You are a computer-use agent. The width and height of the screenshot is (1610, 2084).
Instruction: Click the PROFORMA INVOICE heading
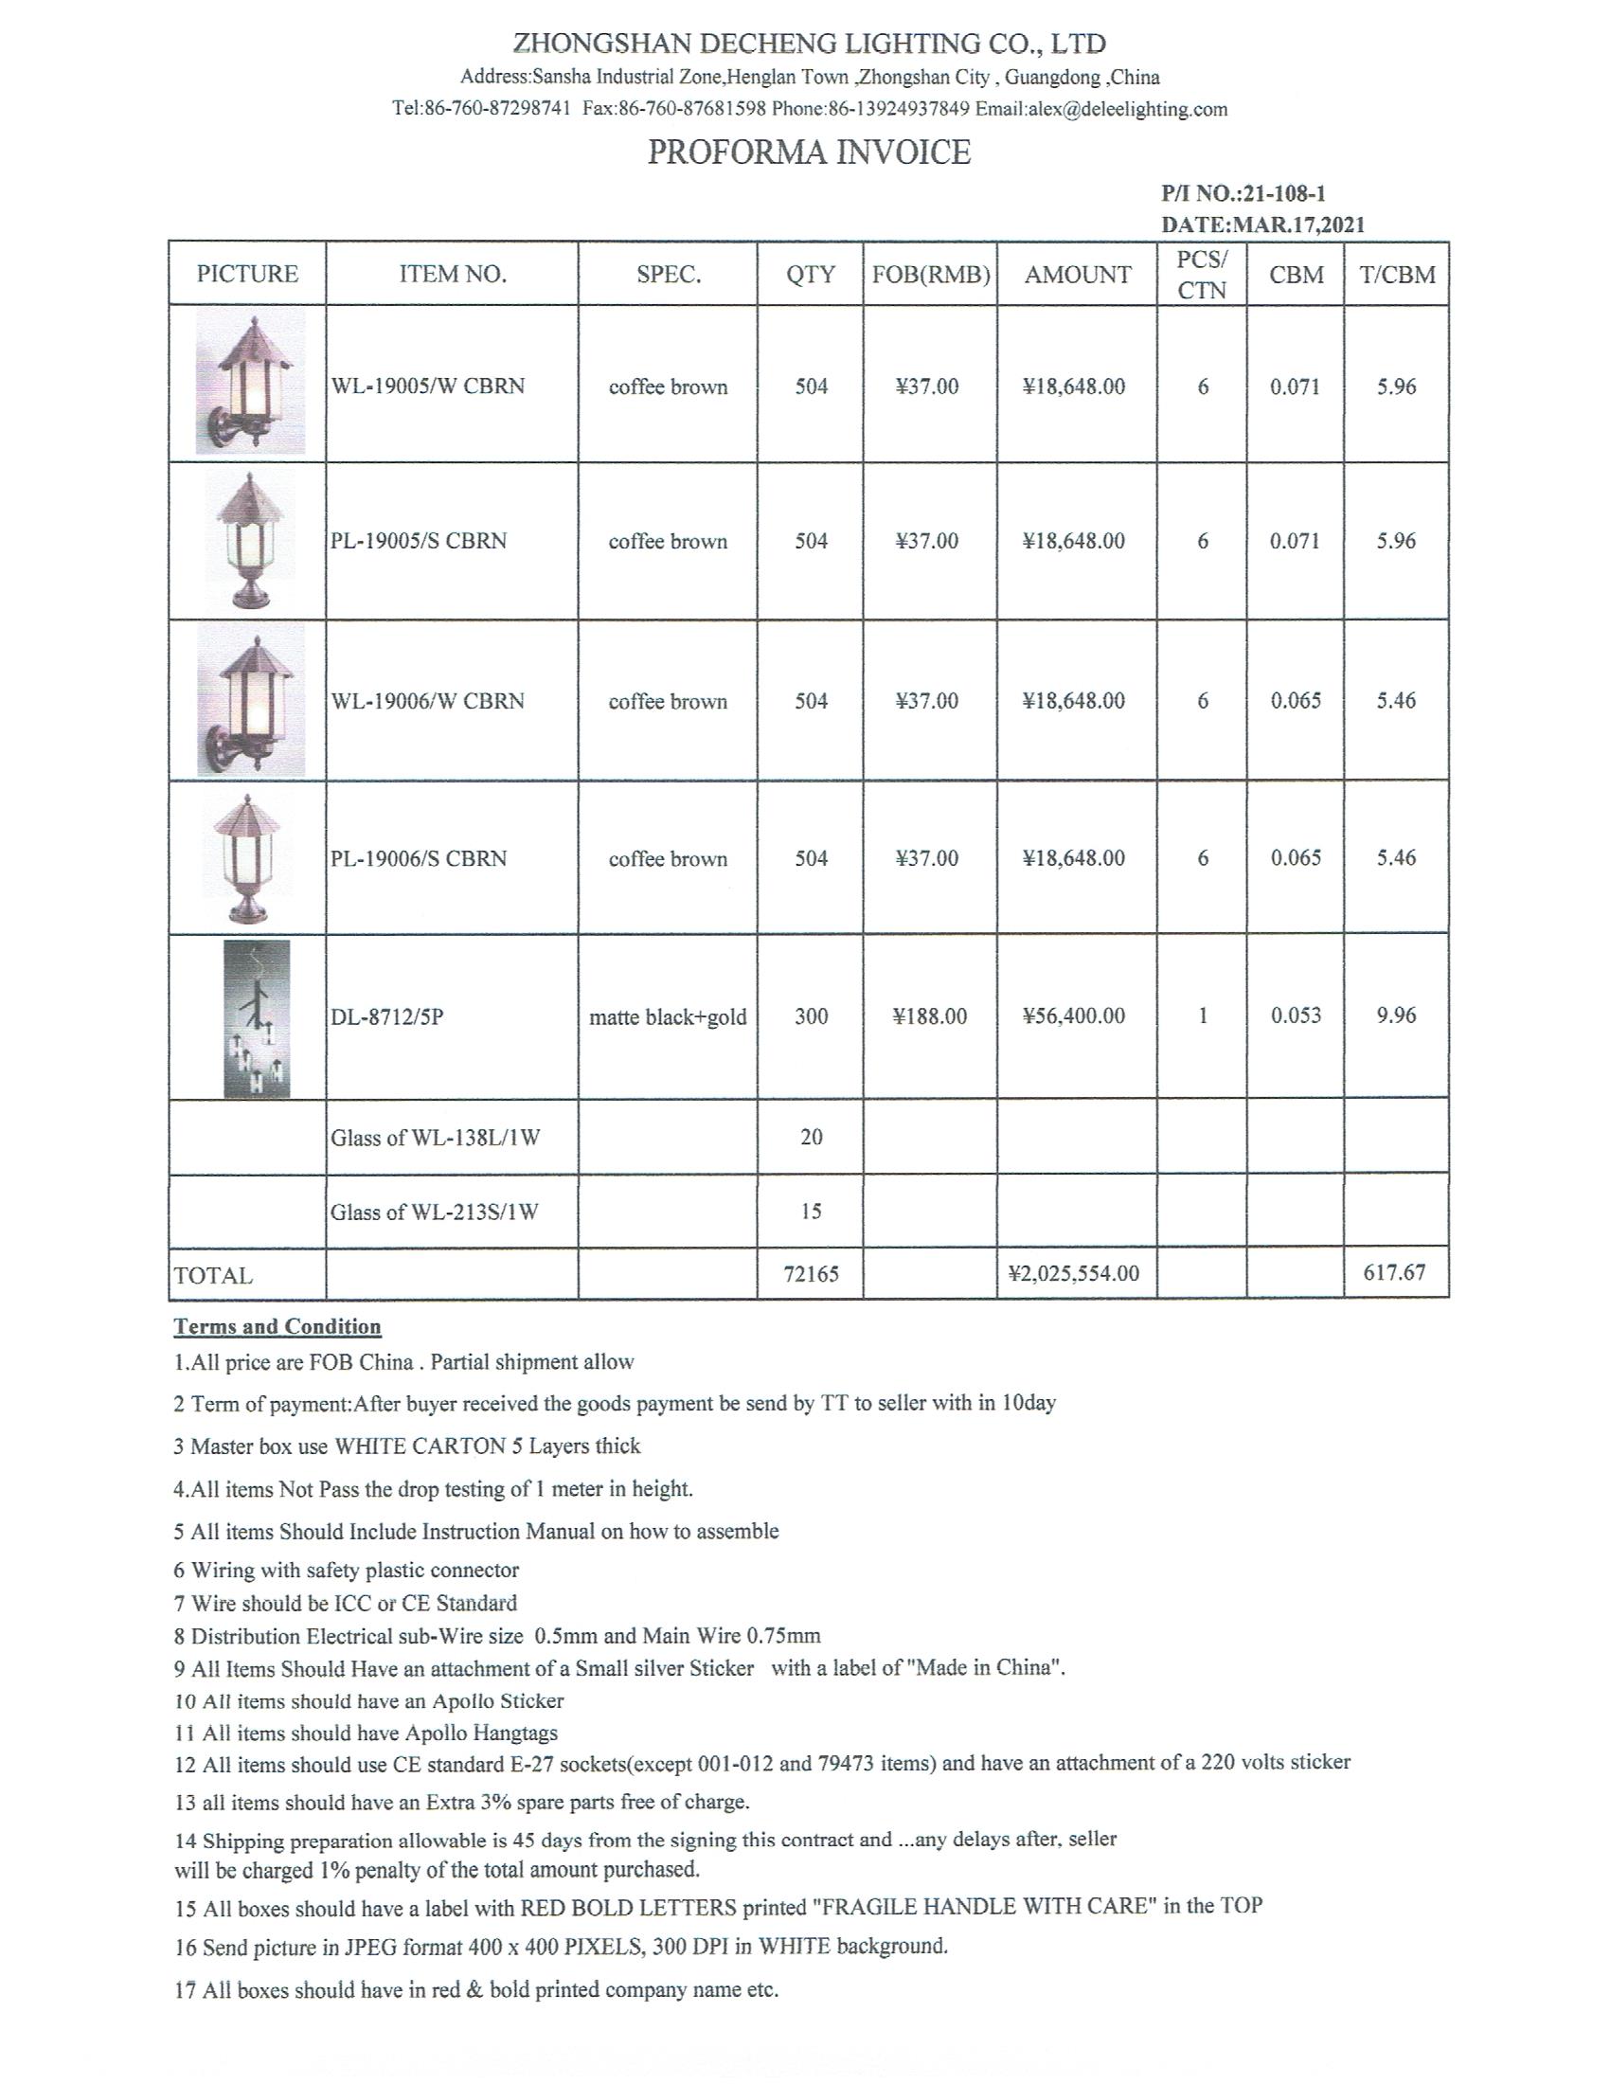point(809,153)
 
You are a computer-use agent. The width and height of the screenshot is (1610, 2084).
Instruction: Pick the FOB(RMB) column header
point(930,275)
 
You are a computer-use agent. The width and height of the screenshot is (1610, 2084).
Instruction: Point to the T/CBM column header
point(1396,275)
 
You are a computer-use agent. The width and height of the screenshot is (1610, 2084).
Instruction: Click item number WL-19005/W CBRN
point(427,386)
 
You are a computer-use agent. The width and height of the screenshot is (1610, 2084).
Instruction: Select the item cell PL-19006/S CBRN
point(419,858)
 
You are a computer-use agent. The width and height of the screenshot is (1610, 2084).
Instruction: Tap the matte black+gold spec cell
point(668,1017)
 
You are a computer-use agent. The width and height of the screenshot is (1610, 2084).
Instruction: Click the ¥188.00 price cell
point(930,1016)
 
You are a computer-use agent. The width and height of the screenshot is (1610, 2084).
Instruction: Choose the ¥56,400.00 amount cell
point(1074,1016)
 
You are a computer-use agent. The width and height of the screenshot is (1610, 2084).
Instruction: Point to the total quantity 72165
point(811,1274)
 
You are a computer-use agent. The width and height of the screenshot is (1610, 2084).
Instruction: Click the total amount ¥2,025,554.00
point(1074,1274)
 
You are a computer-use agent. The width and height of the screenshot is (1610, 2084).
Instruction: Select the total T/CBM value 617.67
point(1394,1272)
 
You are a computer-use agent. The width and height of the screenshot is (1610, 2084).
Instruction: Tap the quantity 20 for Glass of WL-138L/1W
point(811,1137)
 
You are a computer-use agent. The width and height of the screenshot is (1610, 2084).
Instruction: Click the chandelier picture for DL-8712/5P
point(256,1018)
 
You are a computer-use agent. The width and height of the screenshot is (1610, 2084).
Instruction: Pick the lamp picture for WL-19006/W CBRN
point(251,701)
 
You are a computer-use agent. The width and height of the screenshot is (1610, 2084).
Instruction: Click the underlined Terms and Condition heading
point(277,1326)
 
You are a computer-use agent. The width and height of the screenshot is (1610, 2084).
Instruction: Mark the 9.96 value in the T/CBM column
point(1396,1015)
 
